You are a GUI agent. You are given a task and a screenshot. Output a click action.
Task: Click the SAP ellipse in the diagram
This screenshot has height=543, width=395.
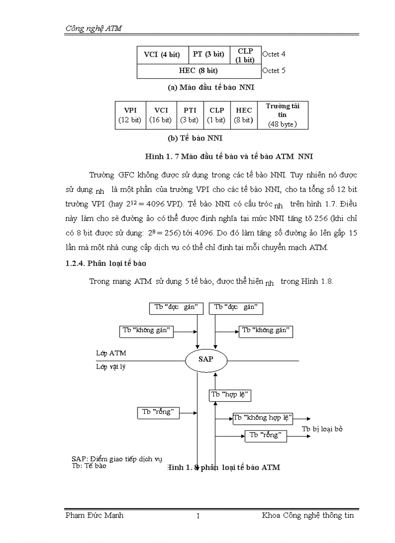click(x=205, y=360)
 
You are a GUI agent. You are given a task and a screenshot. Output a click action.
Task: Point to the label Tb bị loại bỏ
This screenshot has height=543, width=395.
click(x=322, y=429)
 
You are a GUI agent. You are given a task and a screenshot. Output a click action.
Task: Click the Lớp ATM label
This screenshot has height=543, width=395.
click(x=111, y=353)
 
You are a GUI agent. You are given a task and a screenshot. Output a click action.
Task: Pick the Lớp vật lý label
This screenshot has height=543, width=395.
click(x=111, y=367)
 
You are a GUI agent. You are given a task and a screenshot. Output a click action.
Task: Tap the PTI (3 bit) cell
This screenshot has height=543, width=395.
click(x=189, y=115)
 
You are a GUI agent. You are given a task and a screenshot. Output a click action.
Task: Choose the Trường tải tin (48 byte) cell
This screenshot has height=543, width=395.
click(x=282, y=115)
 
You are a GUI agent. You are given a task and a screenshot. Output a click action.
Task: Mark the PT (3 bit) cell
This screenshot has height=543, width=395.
click(x=209, y=55)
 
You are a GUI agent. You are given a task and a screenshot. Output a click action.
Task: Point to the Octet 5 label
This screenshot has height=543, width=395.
click(x=273, y=71)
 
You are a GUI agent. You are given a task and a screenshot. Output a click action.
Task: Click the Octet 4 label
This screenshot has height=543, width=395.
click(x=273, y=55)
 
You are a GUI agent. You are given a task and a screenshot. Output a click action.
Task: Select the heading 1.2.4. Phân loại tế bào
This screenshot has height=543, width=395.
click(x=106, y=264)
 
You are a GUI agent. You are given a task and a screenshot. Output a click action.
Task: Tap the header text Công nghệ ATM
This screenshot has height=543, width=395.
click(x=93, y=29)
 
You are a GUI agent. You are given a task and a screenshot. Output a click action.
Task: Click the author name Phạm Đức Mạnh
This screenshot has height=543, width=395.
click(x=94, y=515)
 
